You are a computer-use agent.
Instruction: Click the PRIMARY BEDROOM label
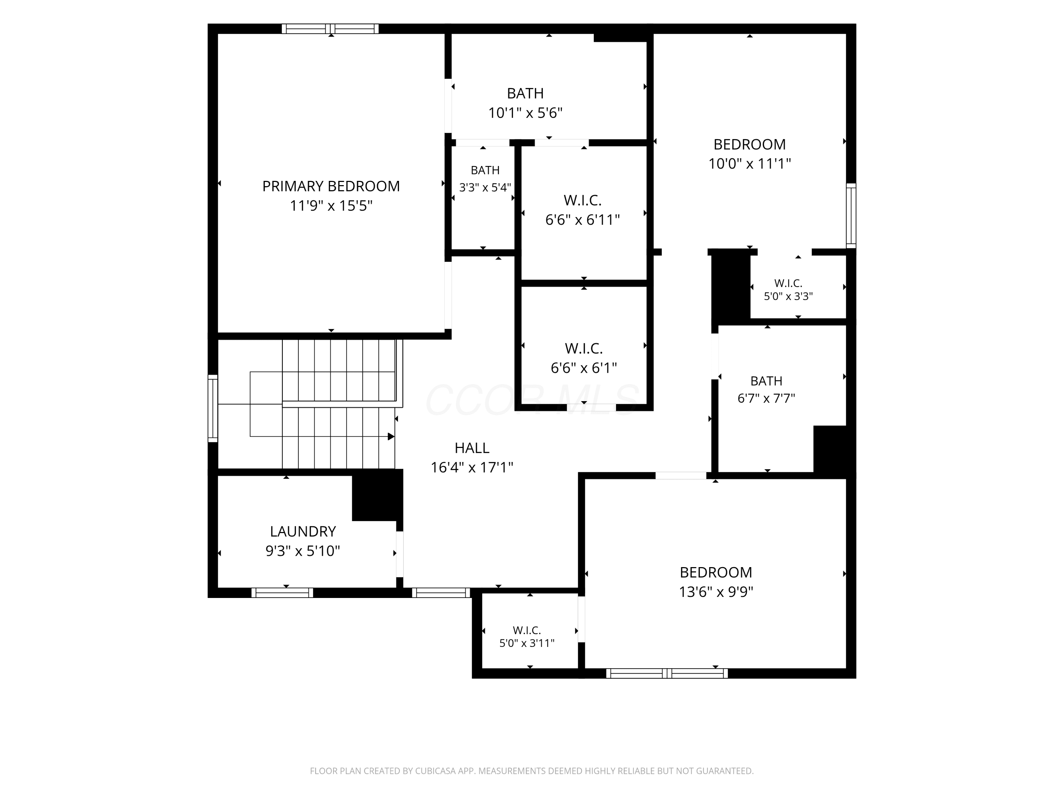point(331,186)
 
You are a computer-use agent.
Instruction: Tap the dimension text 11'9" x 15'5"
point(331,206)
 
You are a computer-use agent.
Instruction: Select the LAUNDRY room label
point(303,532)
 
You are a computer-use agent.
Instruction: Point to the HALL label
point(472,448)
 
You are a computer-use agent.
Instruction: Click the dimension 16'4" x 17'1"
point(472,467)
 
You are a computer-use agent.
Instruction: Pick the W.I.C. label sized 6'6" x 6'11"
point(582,200)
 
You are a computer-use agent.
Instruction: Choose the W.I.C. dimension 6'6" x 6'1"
point(583,368)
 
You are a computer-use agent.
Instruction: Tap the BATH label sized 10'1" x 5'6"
point(525,93)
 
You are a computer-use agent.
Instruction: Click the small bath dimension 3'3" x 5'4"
point(485,188)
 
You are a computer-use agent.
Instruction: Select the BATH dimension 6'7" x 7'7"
point(766,398)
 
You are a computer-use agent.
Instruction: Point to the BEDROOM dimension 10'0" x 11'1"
point(749,164)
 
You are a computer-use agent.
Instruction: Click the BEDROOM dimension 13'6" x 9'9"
point(716,592)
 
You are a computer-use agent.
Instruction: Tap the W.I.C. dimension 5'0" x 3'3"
point(788,296)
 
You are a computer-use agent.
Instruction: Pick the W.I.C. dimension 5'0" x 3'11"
point(527,643)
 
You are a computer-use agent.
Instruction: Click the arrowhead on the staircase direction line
point(391,436)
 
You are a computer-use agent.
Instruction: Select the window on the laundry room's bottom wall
point(282,593)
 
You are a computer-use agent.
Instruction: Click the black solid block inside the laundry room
point(377,495)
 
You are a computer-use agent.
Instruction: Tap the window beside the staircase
point(212,408)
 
